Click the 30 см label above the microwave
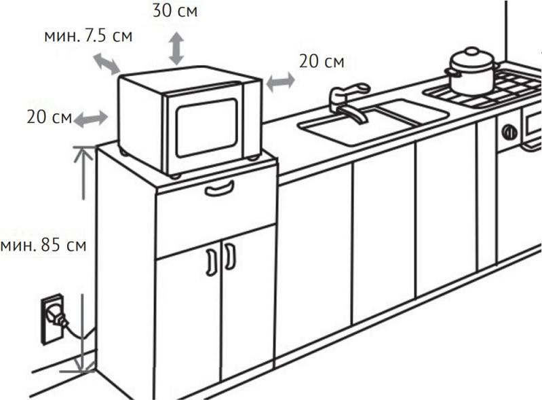[175, 11]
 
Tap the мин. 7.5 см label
[88, 36]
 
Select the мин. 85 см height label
[43, 245]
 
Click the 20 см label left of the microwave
[50, 117]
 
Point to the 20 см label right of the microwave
[322, 61]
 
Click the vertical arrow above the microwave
[176, 48]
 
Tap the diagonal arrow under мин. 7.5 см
[107, 64]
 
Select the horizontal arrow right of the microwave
[280, 82]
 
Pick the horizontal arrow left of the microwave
[91, 119]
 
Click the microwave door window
[207, 128]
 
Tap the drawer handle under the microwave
[219, 189]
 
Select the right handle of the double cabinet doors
[230, 257]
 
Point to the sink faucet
[348, 101]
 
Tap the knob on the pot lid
[472, 52]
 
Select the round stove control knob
[509, 132]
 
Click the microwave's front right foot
[254, 158]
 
